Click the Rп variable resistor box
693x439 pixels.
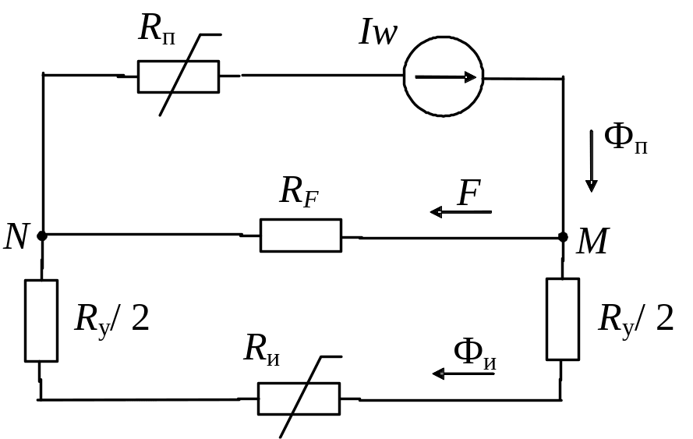coord(178,76)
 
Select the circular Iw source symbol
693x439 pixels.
coord(443,77)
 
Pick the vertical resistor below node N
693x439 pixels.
coord(42,320)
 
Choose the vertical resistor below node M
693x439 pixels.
coord(562,319)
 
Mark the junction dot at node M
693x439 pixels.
coord(562,235)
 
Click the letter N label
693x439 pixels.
coord(16,235)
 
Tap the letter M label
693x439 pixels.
coord(592,243)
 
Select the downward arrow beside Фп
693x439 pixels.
coord(592,161)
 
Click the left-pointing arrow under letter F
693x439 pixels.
coord(461,211)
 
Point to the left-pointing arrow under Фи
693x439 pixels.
coord(464,374)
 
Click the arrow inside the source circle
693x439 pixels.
coord(445,77)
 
